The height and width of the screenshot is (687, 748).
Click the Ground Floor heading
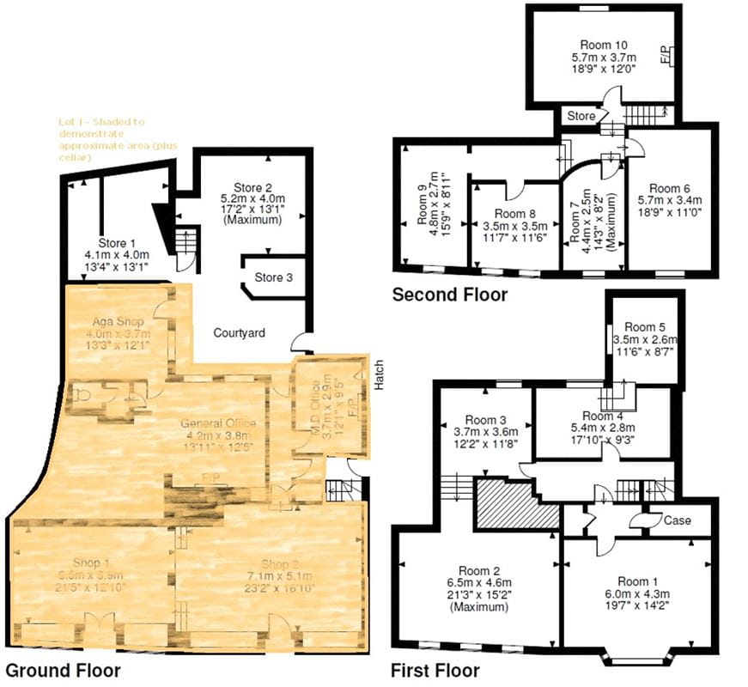pos(64,670)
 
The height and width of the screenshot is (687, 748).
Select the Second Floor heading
pos(449,295)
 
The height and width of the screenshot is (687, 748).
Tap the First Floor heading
pos(435,670)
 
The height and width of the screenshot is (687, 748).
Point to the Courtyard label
pos(239,332)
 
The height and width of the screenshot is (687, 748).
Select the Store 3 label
pos(274,277)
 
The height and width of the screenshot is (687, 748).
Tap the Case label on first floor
pos(677,520)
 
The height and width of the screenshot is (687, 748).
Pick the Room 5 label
pos(644,327)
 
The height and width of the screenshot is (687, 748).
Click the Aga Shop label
pos(120,322)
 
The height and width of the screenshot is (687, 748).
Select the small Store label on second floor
pos(581,116)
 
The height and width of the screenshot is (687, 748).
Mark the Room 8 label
pos(515,215)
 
